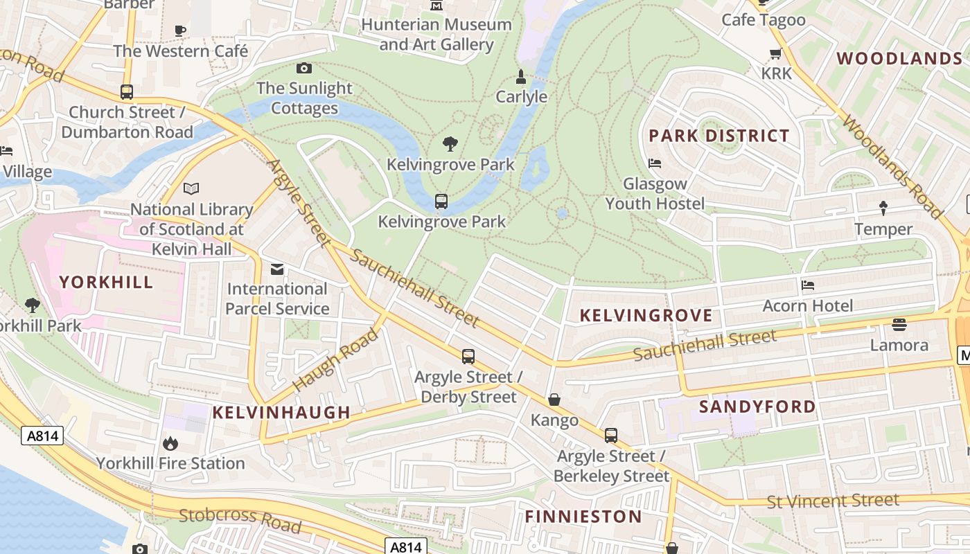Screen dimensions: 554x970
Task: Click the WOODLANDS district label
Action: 899,58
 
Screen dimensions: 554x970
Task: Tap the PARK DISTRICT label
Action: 718,136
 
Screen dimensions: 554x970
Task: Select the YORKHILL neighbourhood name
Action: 106,282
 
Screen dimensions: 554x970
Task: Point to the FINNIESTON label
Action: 583,517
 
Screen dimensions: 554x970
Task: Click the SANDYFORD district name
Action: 757,406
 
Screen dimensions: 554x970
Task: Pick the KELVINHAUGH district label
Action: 281,413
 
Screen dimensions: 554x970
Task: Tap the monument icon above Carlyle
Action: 521,77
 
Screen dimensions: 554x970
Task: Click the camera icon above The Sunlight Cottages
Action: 303,68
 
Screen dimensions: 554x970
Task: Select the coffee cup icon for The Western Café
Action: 180,30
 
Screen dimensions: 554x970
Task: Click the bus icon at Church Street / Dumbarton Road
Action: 127,91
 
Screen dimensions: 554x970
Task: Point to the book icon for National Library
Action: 191,188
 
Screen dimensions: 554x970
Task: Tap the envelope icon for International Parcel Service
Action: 277,269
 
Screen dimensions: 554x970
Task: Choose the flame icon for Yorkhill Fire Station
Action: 170,443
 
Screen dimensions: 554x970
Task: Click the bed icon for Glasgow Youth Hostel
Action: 655,163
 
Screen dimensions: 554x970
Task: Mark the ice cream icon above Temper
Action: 883,208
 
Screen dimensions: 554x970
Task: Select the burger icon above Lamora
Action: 899,324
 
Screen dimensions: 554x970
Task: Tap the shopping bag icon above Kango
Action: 554,400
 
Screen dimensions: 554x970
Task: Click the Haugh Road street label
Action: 335,360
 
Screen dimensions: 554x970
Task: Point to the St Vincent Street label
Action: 833,501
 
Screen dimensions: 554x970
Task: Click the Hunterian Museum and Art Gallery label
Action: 436,35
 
